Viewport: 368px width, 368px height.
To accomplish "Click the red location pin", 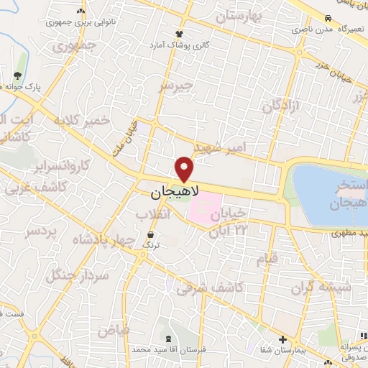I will [x=185, y=168].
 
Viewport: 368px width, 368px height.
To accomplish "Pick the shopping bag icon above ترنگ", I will [x=150, y=235].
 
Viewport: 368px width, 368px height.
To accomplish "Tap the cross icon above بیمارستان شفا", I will [x=282, y=339].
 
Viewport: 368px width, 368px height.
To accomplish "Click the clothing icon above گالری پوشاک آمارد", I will [x=180, y=33].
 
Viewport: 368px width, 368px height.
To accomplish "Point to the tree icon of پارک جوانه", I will [x=17, y=75].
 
